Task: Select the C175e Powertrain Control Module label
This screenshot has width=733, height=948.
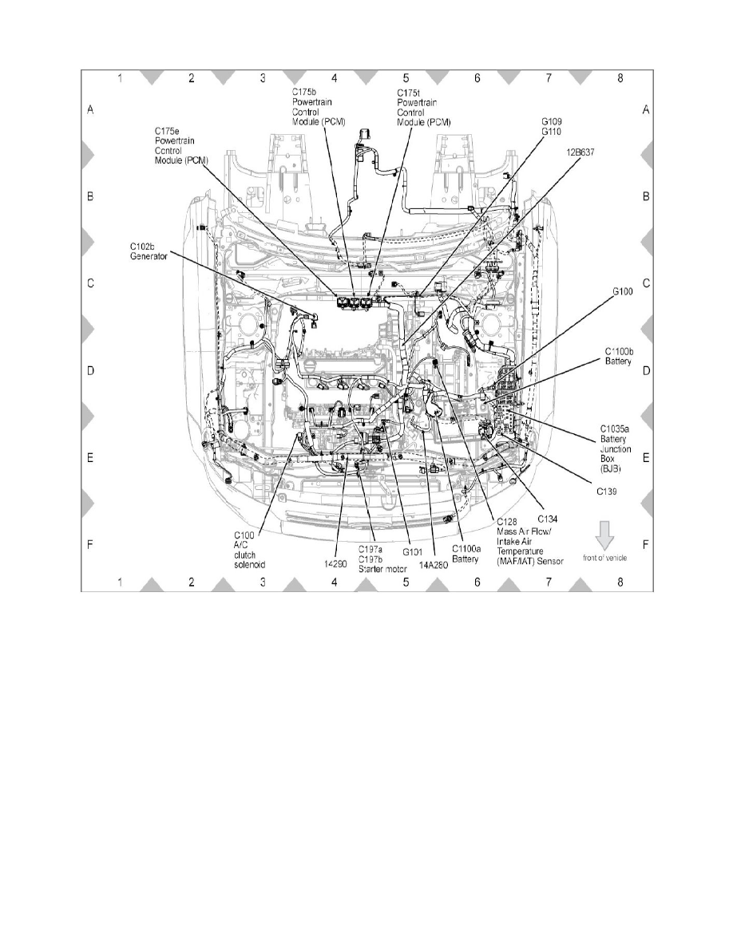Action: [182, 144]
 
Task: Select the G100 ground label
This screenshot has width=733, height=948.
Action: [623, 292]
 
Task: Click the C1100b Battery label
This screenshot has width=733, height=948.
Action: [619, 356]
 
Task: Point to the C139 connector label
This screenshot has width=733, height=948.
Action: [609, 492]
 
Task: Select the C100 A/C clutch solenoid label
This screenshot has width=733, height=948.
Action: [248, 549]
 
